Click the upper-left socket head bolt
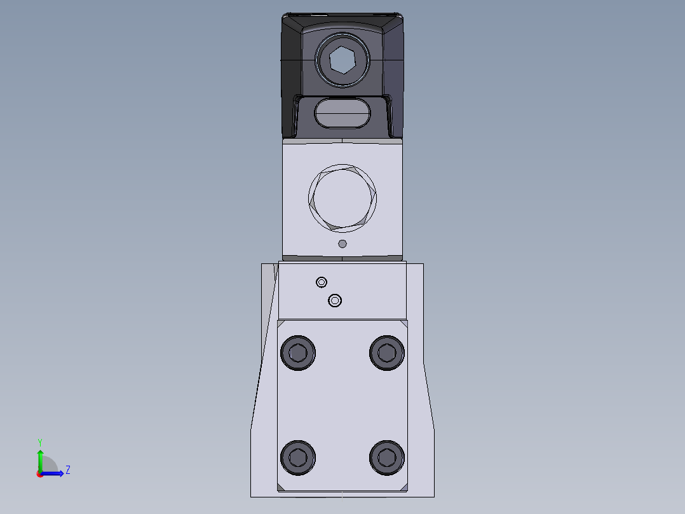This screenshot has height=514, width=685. click(x=298, y=352)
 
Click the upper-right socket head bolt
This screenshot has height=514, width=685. click(x=387, y=352)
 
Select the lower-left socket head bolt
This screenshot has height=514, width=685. click(x=298, y=457)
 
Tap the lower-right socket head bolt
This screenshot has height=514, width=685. click(x=387, y=457)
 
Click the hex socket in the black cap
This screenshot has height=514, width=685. click(x=342, y=60)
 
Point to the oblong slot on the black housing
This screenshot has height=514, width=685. click(x=342, y=115)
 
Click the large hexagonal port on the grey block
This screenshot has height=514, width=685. click(x=342, y=197)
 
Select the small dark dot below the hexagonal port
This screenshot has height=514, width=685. click(x=342, y=244)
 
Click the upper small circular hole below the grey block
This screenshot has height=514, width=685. click(x=322, y=282)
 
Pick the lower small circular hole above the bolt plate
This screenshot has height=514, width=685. click(x=335, y=300)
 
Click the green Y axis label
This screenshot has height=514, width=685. click(x=39, y=442)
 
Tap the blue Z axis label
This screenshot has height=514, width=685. click(x=67, y=470)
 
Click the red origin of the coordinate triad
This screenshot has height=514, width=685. click(x=39, y=473)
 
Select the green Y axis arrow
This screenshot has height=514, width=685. click(x=39, y=457)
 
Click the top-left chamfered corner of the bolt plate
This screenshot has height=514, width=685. click(x=280, y=324)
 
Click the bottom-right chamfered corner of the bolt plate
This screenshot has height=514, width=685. click(x=404, y=487)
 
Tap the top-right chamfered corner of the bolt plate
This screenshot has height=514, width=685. click(x=404, y=324)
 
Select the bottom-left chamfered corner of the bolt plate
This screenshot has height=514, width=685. click(x=280, y=487)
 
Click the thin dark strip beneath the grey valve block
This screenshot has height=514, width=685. click(x=342, y=258)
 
